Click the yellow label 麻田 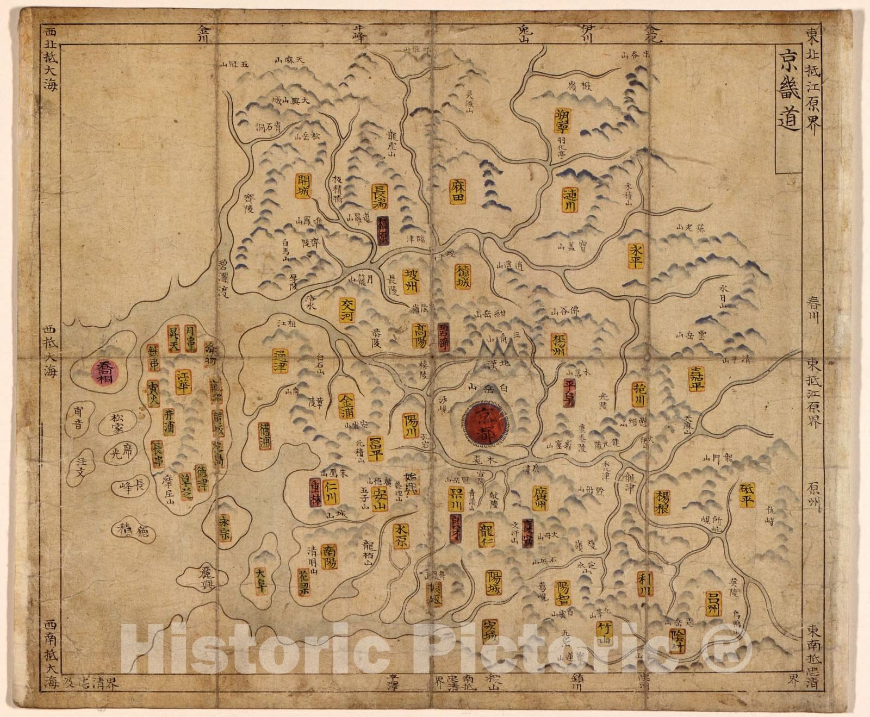click(458, 188)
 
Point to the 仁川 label click(330, 494)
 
